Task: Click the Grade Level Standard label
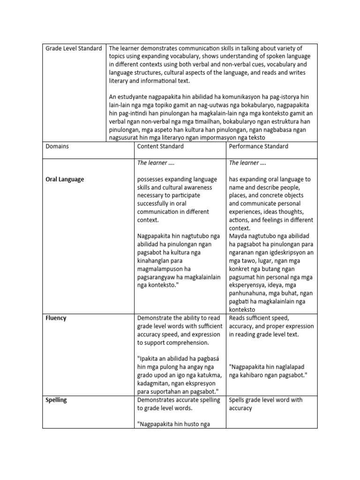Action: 73,48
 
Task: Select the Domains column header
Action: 57,146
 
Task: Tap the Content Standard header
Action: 160,146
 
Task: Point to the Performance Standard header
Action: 258,146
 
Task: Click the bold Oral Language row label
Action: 65,179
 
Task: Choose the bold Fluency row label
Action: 56,318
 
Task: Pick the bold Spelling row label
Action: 56,400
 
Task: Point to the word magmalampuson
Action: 159,269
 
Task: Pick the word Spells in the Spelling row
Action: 238,400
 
